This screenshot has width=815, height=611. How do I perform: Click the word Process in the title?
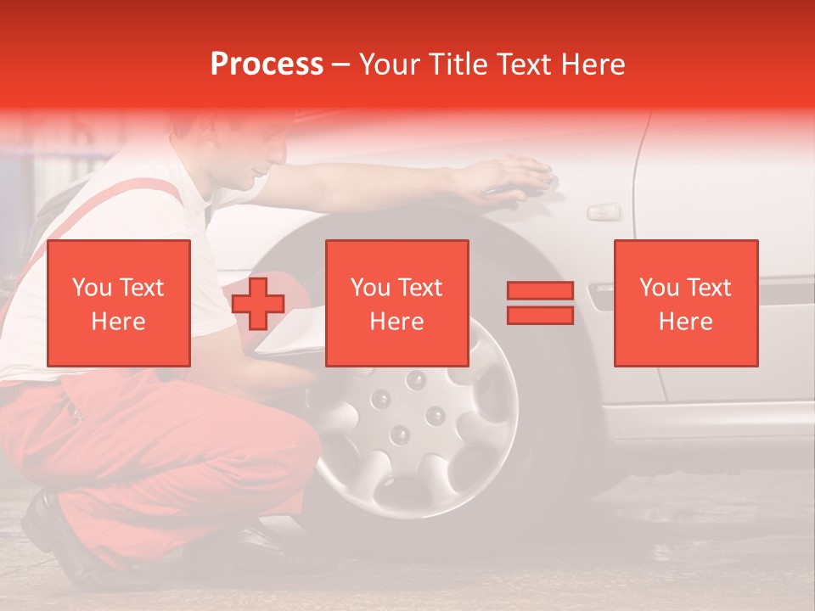tap(267, 64)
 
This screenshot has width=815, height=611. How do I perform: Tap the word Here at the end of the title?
tap(592, 64)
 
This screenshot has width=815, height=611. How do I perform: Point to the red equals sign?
tap(540, 303)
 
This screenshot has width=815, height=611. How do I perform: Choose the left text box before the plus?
tap(118, 303)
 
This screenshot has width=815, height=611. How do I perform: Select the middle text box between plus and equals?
tap(396, 303)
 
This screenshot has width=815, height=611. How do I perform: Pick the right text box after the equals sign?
tap(685, 303)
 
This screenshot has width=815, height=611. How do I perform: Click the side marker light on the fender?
tap(604, 210)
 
